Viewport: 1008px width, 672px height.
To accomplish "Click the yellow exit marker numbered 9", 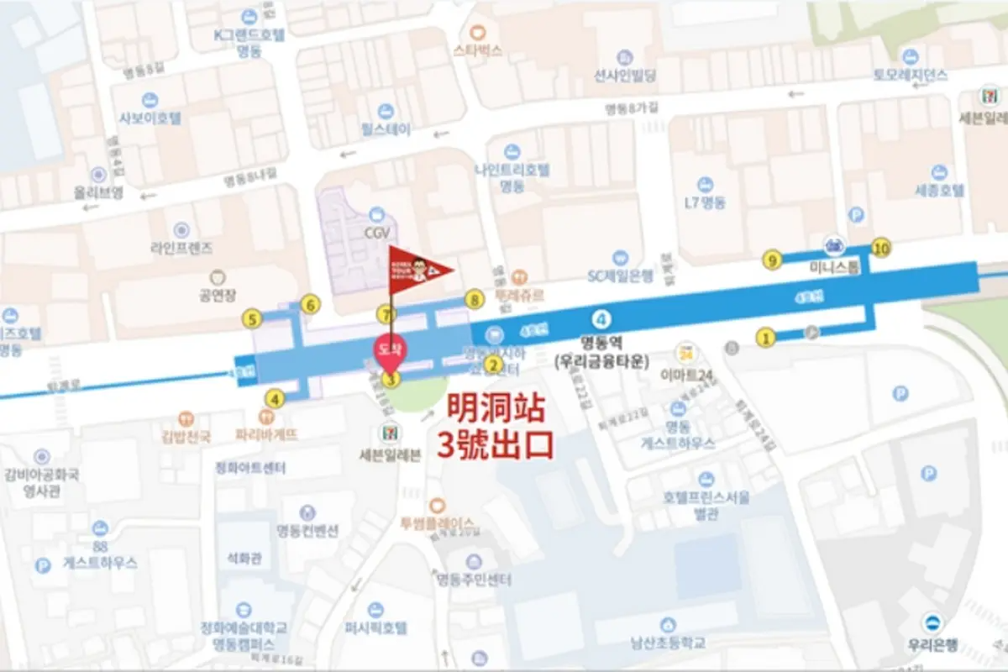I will pyautogui.click(x=772, y=260).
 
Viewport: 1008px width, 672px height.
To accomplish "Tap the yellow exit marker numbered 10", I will pyautogui.click(x=881, y=248).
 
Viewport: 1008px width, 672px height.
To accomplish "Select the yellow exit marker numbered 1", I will pyautogui.click(x=765, y=338).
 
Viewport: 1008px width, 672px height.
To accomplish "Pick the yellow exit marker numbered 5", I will pyautogui.click(x=251, y=318).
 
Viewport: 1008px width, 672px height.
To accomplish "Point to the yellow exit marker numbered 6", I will pyautogui.click(x=311, y=304).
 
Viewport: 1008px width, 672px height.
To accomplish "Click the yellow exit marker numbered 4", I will pyautogui.click(x=275, y=399).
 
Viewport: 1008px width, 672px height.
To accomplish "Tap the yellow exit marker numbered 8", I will pyautogui.click(x=475, y=299).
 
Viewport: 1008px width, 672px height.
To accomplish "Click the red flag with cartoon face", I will pyautogui.click(x=418, y=270).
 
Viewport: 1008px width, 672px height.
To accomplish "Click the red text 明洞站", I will pyautogui.click(x=496, y=411).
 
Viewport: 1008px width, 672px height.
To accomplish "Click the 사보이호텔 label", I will pyautogui.click(x=150, y=118).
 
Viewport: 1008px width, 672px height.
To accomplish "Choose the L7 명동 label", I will pyautogui.click(x=705, y=202).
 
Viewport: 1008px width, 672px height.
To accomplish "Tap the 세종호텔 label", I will pyautogui.click(x=938, y=191).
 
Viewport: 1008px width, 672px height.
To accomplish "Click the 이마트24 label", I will pyautogui.click(x=686, y=373).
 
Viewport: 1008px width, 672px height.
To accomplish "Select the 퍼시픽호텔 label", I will pyautogui.click(x=375, y=627).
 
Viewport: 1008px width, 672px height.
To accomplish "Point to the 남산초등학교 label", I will pyautogui.click(x=668, y=643).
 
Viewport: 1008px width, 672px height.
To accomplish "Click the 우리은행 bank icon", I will pyautogui.click(x=931, y=623).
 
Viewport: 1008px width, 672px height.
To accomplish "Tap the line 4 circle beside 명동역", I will pyautogui.click(x=601, y=319).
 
